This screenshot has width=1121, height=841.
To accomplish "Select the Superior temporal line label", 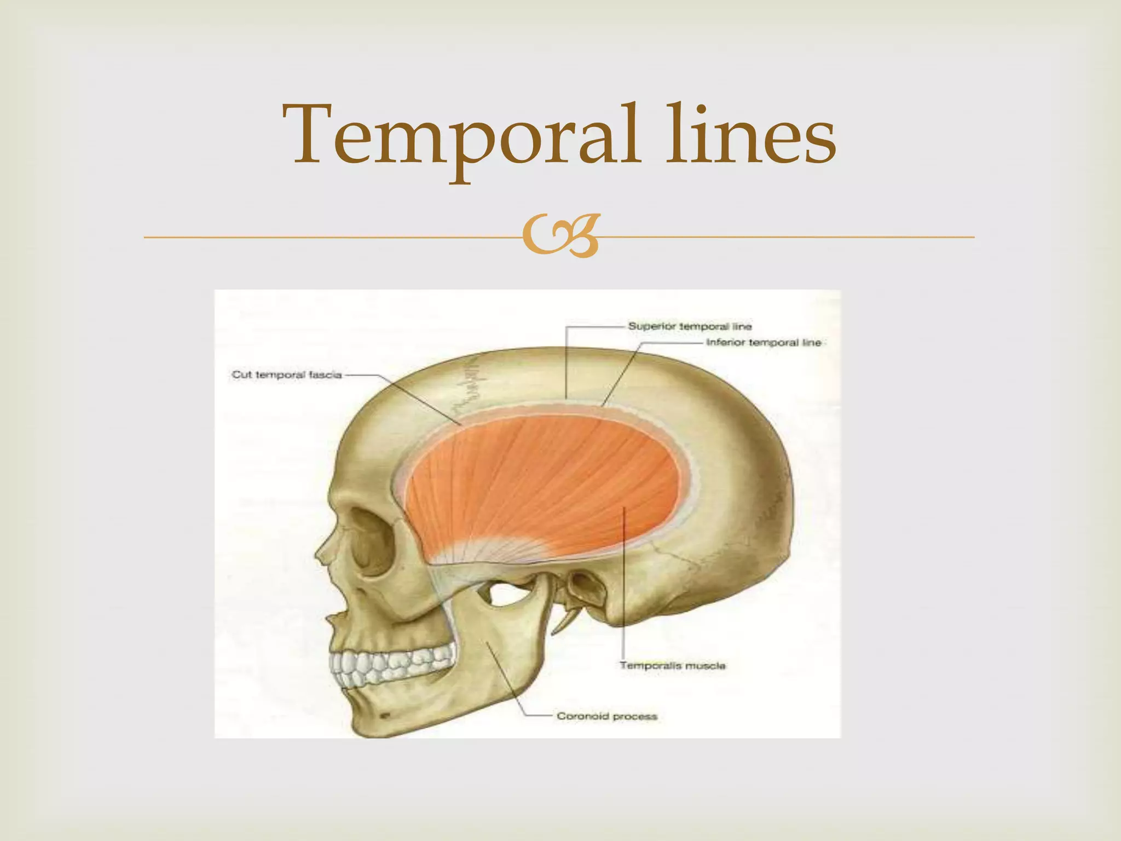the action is [x=690, y=326].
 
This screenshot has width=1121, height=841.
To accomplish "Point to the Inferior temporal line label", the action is [x=764, y=343].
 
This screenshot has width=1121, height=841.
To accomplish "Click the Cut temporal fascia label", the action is [x=286, y=375].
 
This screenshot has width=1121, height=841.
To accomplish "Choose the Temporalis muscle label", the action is [x=672, y=666].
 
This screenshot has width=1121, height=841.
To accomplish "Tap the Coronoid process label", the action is [x=606, y=716].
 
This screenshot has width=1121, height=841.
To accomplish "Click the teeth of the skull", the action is [x=391, y=665].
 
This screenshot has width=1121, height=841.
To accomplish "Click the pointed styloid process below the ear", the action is [x=564, y=621].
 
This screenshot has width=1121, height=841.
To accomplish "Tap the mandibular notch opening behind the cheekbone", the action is [x=506, y=594].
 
